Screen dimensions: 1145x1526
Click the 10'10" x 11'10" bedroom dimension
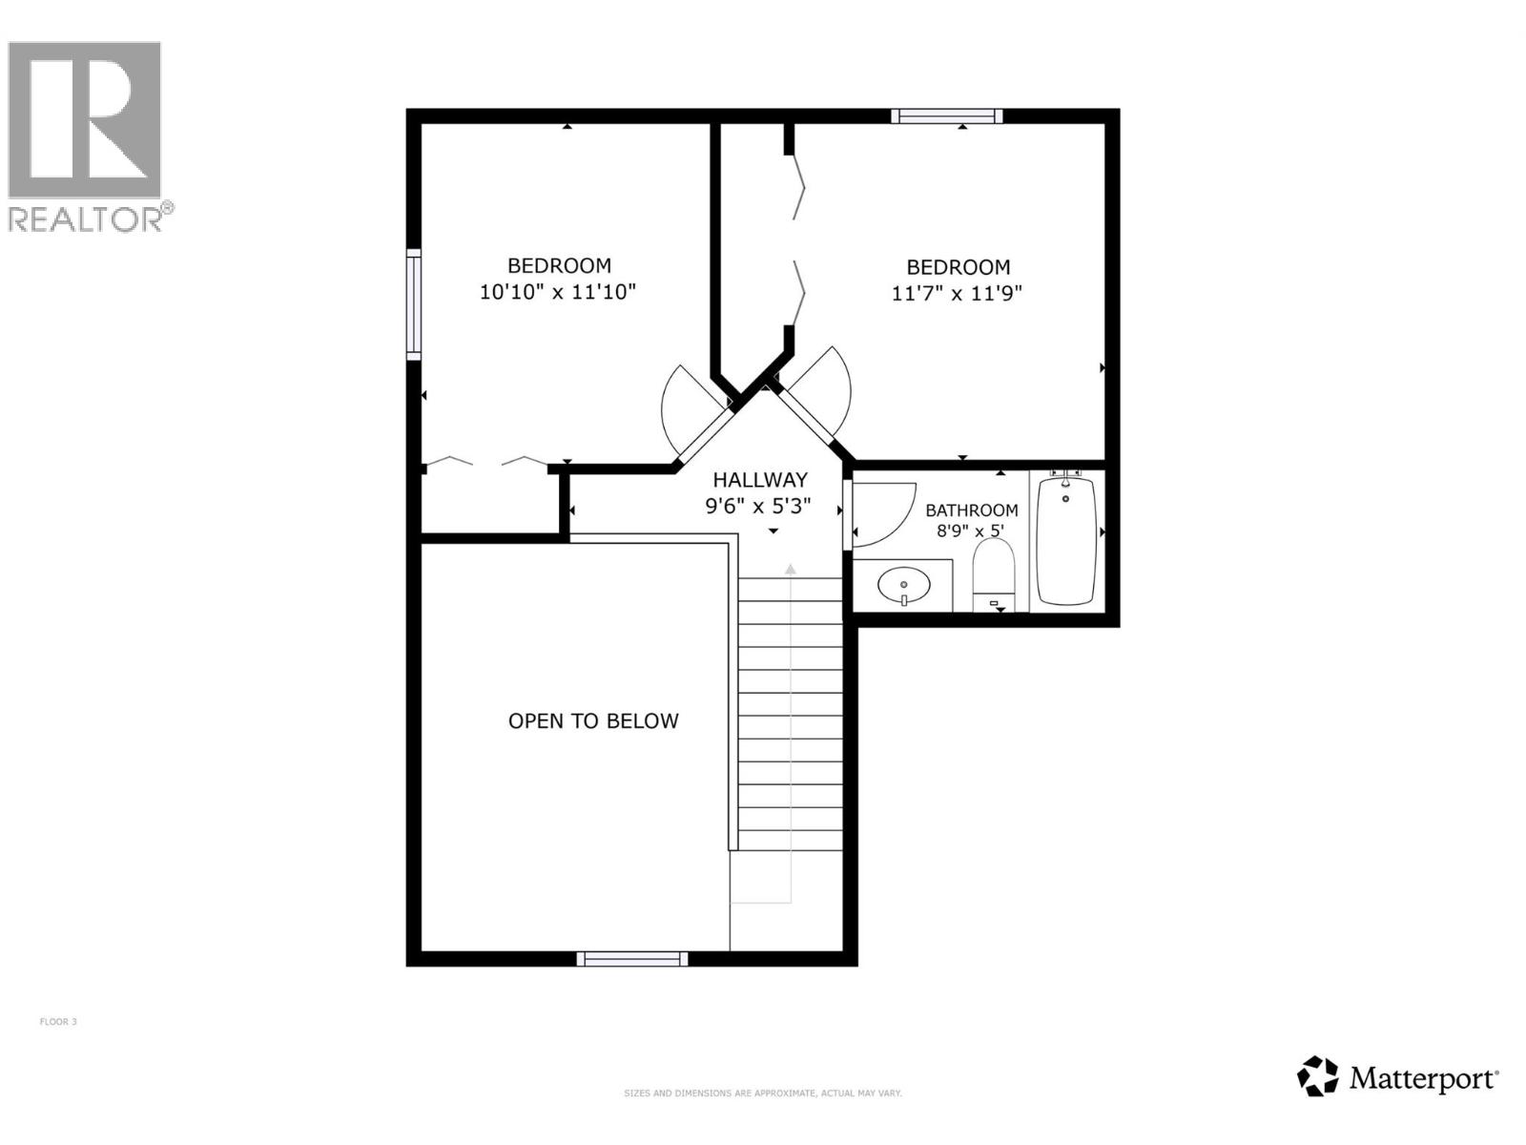[557, 292]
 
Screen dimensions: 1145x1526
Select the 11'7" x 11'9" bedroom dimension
[957, 294]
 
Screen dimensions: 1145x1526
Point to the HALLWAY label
[760, 480]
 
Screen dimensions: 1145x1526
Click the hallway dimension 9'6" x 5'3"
[758, 507]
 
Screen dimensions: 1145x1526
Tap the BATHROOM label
[971, 510]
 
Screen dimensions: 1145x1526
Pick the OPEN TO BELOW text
[593, 721]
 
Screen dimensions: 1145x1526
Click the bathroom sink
[903, 585]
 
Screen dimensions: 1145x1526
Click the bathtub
[1065, 540]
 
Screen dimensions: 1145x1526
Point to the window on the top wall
[946, 116]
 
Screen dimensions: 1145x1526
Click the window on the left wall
[414, 304]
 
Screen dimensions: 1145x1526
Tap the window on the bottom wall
[631, 959]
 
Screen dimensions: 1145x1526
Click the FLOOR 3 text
[58, 1022]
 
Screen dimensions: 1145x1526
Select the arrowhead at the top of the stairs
[790, 569]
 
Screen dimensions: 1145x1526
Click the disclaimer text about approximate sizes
[762, 1093]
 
